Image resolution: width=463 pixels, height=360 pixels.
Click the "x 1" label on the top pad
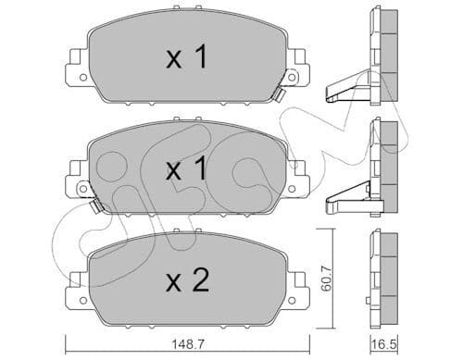[185, 60]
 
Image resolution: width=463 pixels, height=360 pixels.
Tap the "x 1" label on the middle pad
[185, 170]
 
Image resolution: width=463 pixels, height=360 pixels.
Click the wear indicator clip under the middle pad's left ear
[94, 206]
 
